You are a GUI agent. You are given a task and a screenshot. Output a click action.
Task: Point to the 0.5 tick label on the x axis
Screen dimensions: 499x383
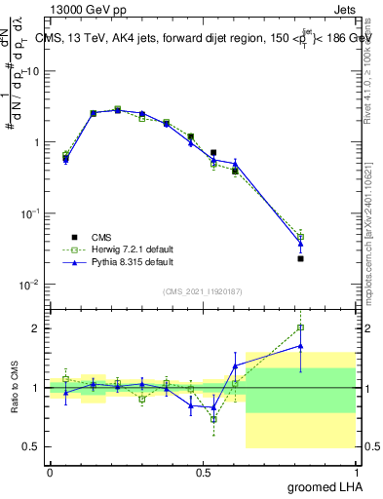point(203,473)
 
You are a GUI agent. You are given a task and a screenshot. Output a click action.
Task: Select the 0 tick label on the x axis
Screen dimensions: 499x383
point(50,473)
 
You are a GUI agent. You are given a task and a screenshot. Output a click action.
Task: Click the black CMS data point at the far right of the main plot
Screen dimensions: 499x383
point(301,258)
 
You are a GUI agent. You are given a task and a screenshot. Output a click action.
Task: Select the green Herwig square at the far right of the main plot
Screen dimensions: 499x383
point(301,236)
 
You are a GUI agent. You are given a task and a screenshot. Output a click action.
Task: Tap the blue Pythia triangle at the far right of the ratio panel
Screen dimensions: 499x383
point(301,345)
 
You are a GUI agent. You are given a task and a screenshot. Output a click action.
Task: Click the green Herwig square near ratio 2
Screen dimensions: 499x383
point(301,328)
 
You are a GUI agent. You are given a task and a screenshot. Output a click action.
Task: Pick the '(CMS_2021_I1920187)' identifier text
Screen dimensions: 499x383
point(203,291)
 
